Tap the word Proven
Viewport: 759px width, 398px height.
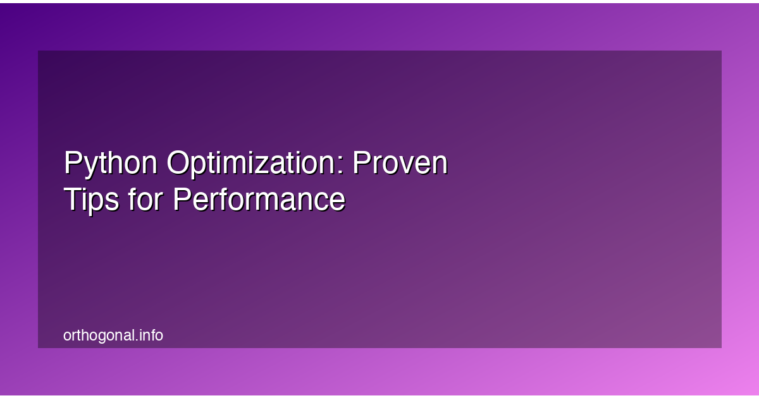400,164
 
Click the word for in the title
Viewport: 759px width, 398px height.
145,200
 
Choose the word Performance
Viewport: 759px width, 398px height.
259,200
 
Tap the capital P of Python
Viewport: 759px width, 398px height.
72,164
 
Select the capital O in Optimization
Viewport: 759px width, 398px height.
180,164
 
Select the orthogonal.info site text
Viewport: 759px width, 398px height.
113,335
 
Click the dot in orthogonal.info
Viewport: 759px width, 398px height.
138,340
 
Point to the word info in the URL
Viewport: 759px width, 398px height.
152,335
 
